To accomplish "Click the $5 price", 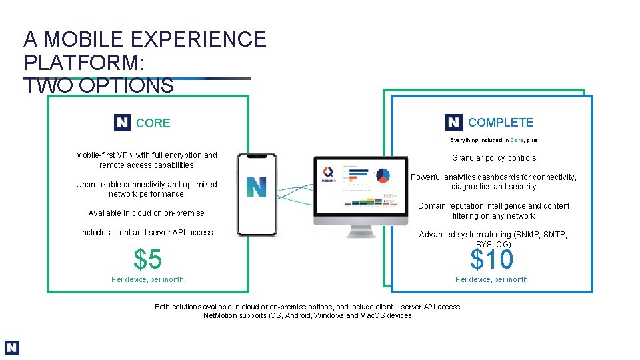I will coord(147,259).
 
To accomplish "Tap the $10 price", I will coord(492,259).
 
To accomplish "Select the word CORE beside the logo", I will coord(153,123).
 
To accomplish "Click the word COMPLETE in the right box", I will coord(501,122).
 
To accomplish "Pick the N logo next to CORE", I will coord(123,123).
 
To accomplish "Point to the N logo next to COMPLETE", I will coord(454,122).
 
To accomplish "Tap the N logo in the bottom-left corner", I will coord(12,348).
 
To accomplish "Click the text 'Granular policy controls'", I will coord(494,158).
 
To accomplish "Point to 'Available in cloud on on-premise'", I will coord(147,213).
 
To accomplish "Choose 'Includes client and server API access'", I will coord(147,233).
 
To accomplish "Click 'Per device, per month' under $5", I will coord(147,279).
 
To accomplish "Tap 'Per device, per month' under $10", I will coord(491,279).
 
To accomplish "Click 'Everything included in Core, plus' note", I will coord(493,140).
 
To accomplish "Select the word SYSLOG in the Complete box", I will coord(493,245).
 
